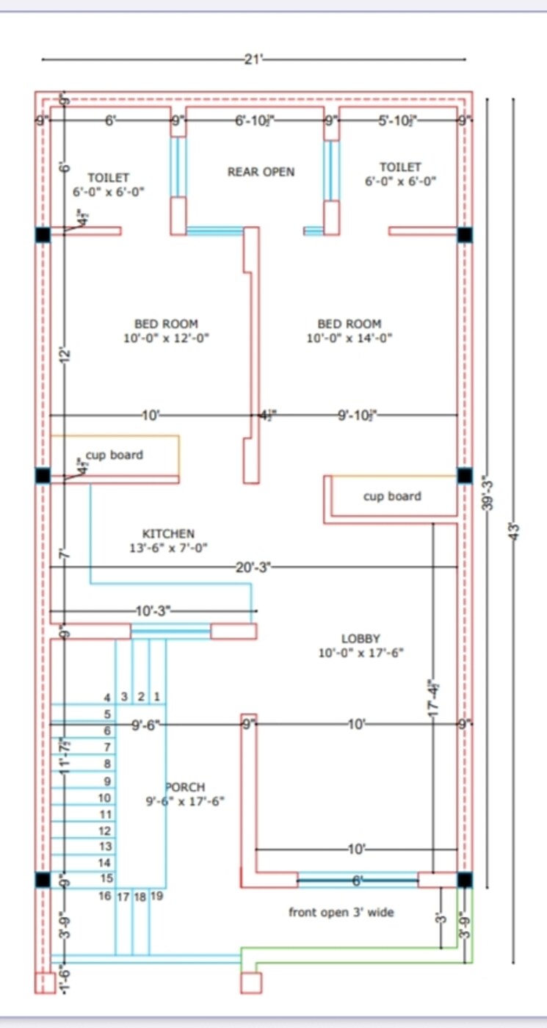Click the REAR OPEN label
(261, 172)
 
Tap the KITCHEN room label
(168, 534)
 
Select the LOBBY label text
(361, 639)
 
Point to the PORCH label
(185, 787)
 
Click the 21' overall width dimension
(252, 59)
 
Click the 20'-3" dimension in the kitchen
(253, 567)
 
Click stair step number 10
(104, 797)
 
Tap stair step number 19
(156, 896)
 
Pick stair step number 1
(156, 696)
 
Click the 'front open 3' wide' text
(341, 912)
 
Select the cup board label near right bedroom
(392, 496)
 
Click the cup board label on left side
(115, 455)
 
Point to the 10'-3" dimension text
(153, 610)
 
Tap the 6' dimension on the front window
(358, 880)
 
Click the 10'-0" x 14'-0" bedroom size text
(349, 339)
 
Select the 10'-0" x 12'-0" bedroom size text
(166, 339)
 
